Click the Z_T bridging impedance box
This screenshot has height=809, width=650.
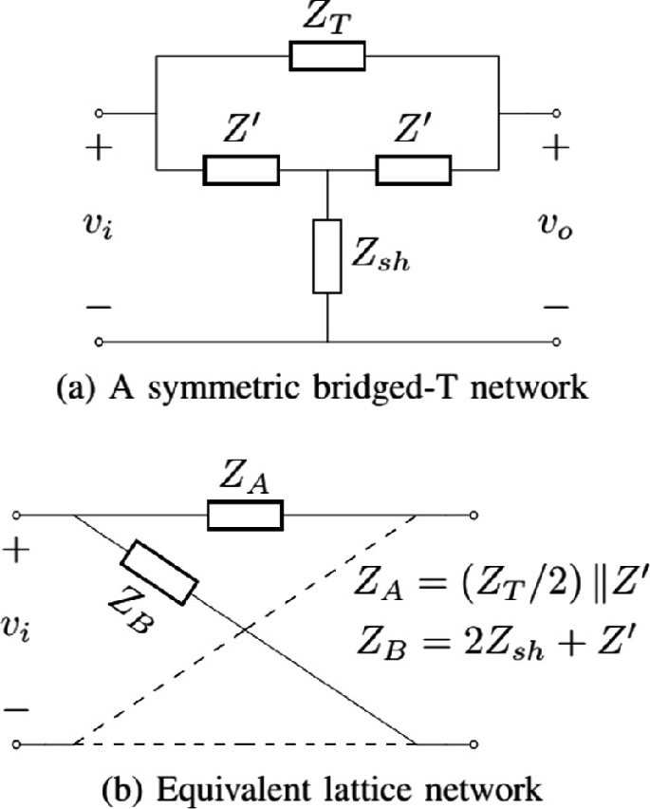tap(327, 56)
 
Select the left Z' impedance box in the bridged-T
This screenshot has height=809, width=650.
tap(241, 171)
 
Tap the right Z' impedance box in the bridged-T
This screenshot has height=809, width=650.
tap(414, 171)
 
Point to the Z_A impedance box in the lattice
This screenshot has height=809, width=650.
tap(245, 515)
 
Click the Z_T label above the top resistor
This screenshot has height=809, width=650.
tap(328, 19)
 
